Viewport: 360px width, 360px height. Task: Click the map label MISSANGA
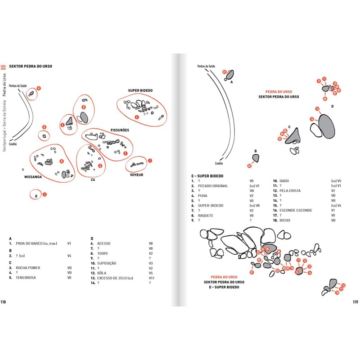point(33,177)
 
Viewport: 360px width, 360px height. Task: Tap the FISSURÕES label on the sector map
point(120,130)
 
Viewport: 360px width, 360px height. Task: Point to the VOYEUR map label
point(136,175)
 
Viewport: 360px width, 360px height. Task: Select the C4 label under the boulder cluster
point(93,180)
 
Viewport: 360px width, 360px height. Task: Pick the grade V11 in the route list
point(151,278)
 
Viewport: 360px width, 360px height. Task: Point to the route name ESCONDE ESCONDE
point(296,210)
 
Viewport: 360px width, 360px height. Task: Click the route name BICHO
point(284,220)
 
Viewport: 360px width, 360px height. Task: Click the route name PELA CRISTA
point(290,191)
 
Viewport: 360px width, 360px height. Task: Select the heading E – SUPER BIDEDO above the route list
point(207,176)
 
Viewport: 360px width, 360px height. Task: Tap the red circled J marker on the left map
point(45,194)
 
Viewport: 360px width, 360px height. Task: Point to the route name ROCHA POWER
point(27,268)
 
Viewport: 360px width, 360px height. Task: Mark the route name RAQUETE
point(205,215)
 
